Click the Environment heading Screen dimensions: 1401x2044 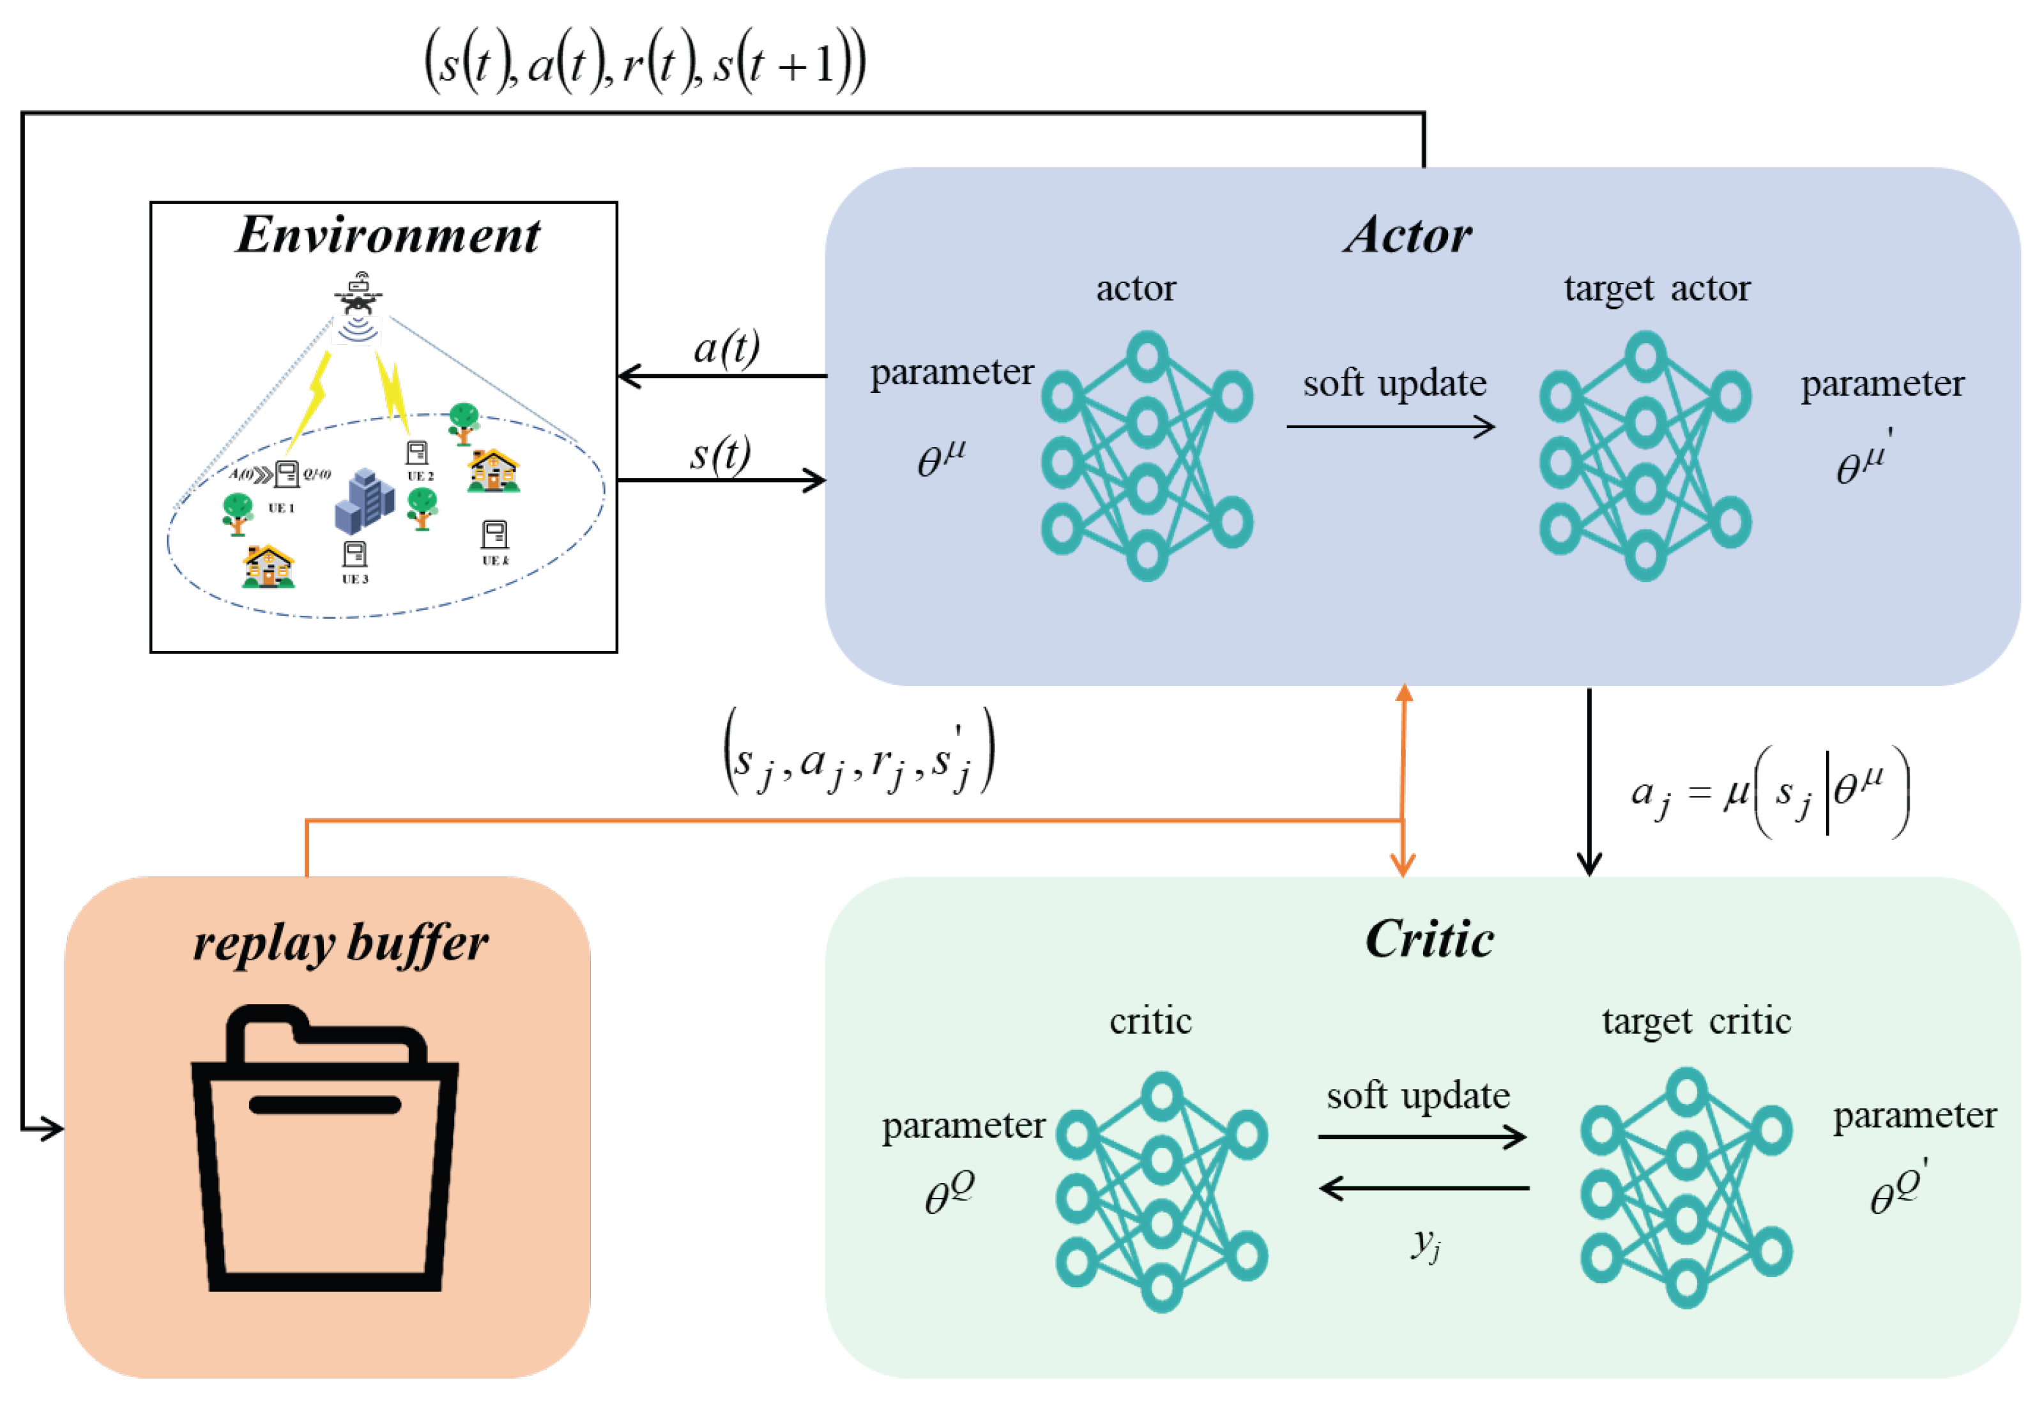388,235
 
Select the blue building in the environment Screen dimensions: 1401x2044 364,501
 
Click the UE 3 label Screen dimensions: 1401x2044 355,579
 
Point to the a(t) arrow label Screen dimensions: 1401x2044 726,348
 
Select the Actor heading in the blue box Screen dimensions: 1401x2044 1407,236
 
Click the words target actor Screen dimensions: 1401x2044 1656,289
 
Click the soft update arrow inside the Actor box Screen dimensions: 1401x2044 1391,427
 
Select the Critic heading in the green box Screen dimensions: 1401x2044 1430,939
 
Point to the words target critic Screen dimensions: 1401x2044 1696,1021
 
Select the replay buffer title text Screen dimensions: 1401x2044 340,944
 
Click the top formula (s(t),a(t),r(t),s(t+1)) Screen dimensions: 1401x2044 644,63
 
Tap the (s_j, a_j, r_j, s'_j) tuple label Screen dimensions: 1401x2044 858,753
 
